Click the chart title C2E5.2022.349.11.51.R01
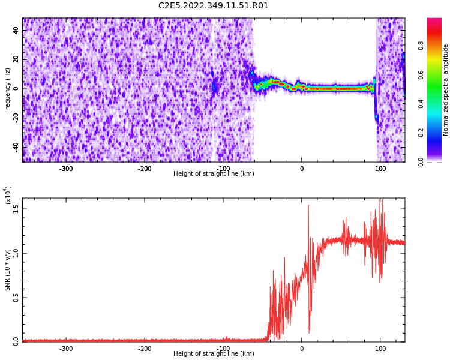pyautogui.click(x=214, y=6)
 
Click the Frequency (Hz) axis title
pyautogui.click(x=8, y=90)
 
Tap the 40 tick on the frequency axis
pyautogui.click(x=16, y=30)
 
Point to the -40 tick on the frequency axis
pyautogui.click(x=14, y=146)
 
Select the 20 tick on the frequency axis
pyautogui.click(x=16, y=59)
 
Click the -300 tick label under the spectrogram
pyautogui.click(x=66, y=169)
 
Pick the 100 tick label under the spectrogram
pyautogui.click(x=380, y=169)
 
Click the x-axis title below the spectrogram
pyautogui.click(x=214, y=174)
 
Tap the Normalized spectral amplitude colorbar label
pyautogui.click(x=446, y=90)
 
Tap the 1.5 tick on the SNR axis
pyautogui.click(x=16, y=208)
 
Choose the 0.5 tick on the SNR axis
pyautogui.click(x=16, y=297)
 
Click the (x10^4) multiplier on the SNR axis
pyautogui.click(x=8, y=195)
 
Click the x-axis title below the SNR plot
pyautogui.click(x=214, y=354)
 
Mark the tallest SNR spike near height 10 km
pyautogui.click(x=308, y=206)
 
